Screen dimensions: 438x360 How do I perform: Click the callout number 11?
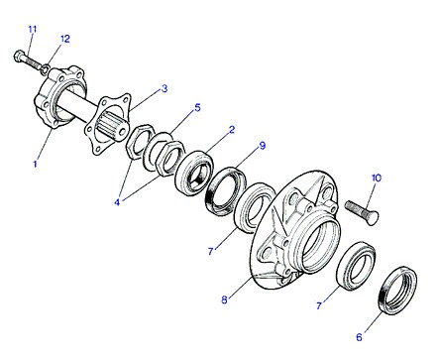tap(32, 29)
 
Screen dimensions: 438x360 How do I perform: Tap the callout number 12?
tap(65, 39)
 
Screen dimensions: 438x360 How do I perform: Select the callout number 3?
tap(164, 88)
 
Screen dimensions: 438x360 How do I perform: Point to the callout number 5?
tap(197, 107)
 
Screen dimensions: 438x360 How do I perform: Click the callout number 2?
tap(232, 130)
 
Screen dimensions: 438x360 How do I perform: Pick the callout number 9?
tap(263, 146)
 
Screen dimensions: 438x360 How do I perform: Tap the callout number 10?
tap(377, 178)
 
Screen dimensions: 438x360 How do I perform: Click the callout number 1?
tap(35, 164)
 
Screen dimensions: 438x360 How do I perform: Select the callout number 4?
tap(117, 202)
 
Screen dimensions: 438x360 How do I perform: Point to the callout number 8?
tap(224, 300)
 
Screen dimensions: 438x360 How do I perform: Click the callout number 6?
tap(359, 337)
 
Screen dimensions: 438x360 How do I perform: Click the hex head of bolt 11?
tap(19, 56)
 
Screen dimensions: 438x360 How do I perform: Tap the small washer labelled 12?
tap(46, 68)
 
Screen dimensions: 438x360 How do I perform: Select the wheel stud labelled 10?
tap(362, 212)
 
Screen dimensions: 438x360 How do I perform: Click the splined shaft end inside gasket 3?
tap(113, 126)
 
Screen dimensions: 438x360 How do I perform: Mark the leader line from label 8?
tap(241, 288)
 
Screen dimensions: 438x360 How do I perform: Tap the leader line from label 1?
tap(45, 145)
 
